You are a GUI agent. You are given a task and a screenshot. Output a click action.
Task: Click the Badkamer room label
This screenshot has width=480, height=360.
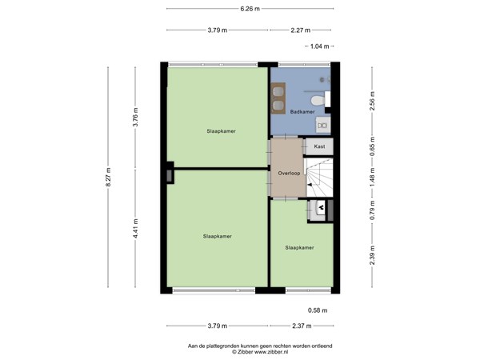point(301,112)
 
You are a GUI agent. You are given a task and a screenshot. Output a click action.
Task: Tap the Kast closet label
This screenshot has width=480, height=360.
point(319,146)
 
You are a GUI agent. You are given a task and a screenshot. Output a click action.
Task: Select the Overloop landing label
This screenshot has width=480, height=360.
point(289,173)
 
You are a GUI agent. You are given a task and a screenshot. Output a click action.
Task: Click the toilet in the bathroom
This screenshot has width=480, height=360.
point(318,100)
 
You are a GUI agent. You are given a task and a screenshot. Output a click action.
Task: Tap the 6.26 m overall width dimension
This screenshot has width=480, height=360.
point(250,10)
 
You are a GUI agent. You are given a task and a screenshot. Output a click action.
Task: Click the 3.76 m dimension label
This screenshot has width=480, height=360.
point(136,118)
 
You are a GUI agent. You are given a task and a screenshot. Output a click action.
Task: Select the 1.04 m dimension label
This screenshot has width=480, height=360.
point(319,47)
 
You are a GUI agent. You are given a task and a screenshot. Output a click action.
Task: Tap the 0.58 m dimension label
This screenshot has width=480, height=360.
point(318,310)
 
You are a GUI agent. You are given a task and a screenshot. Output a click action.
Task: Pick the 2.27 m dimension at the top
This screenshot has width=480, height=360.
point(300,30)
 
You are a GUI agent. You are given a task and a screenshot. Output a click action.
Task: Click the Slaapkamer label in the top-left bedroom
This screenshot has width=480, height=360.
point(221,130)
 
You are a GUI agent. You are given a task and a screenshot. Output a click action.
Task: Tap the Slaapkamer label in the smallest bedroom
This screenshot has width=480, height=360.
point(299,248)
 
